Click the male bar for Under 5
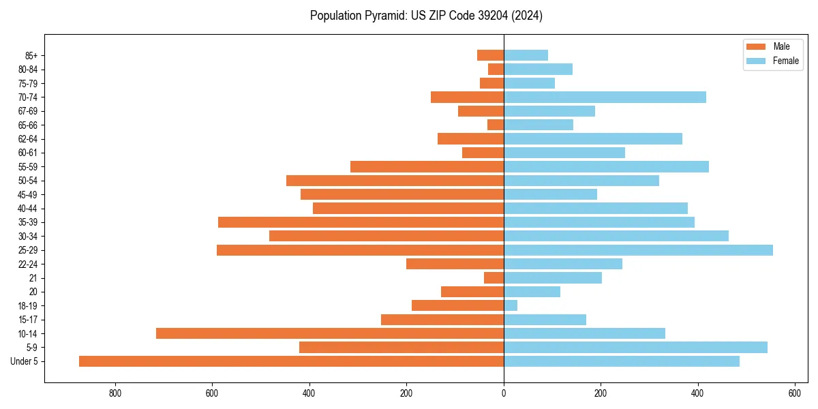291,361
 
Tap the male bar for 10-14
330,333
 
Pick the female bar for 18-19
511,305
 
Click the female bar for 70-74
605,97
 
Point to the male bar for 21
494,277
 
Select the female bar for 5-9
635,347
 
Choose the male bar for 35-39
361,222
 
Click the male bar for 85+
491,55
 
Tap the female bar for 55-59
606,166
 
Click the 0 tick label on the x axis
504,393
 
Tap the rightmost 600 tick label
794,393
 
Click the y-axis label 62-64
28,139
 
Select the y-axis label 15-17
28,320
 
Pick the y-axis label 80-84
28,70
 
